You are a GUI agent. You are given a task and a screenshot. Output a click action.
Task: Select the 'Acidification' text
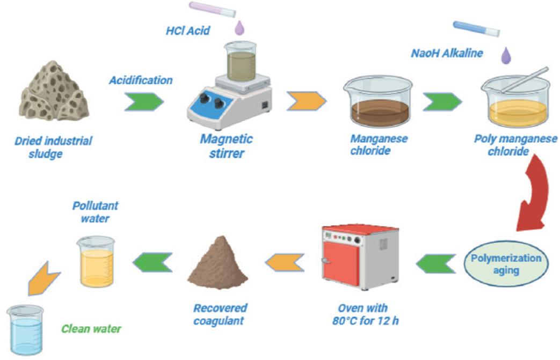click(x=141, y=80)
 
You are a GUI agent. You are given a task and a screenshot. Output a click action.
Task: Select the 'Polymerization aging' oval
click(x=506, y=264)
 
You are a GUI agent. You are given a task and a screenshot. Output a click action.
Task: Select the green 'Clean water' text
click(x=91, y=328)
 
